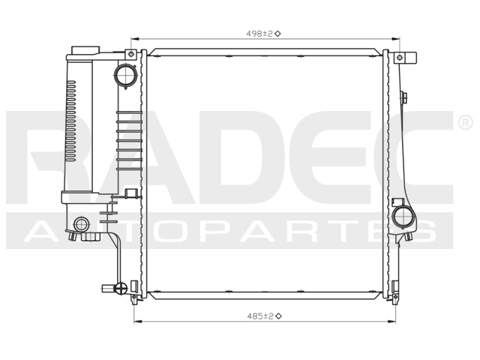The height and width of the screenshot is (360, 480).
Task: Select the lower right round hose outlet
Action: [x=403, y=217]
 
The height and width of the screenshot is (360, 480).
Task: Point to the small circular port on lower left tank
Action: [x=81, y=223]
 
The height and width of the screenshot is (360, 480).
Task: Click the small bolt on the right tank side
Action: [x=404, y=97]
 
